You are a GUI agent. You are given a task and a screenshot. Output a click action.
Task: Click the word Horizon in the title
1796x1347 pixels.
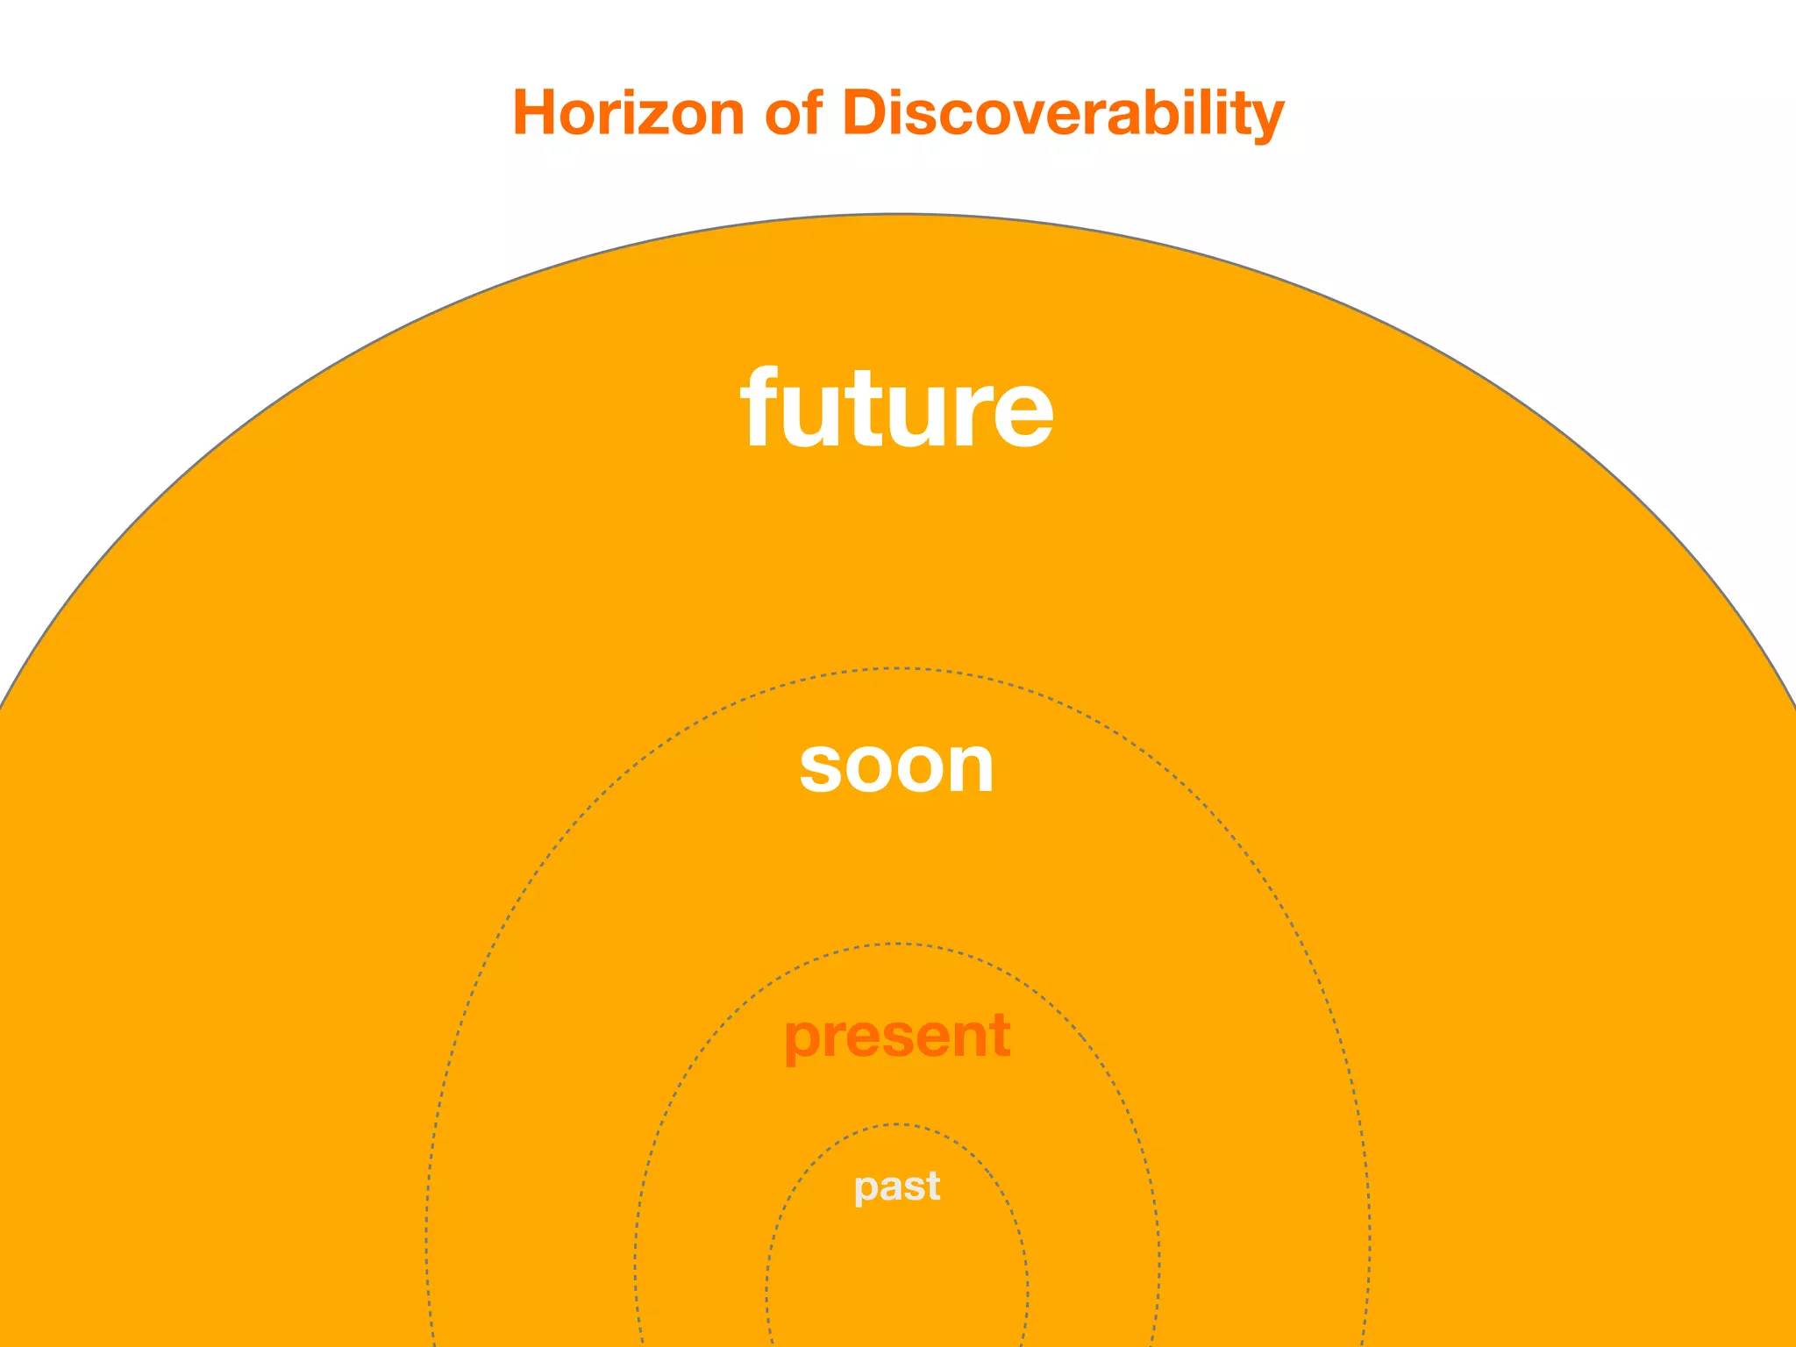click(x=628, y=113)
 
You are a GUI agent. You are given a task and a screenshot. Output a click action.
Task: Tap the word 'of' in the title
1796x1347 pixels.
click(x=793, y=113)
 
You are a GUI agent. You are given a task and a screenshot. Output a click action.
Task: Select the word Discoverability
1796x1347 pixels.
click(x=1063, y=113)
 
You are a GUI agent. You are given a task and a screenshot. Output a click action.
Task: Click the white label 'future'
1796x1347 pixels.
click(x=897, y=408)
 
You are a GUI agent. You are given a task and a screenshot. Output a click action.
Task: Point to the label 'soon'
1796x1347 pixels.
click(x=896, y=766)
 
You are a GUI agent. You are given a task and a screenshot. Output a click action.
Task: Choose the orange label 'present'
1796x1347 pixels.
click(x=897, y=1036)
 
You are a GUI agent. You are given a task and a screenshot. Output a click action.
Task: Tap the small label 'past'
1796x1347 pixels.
click(x=897, y=1187)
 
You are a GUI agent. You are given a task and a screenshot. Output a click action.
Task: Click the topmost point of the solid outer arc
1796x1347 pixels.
click(x=897, y=214)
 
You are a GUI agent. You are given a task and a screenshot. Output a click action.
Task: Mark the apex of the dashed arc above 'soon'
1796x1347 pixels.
click(x=897, y=669)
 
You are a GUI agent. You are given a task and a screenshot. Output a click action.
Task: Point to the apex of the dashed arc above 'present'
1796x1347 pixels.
click(x=897, y=944)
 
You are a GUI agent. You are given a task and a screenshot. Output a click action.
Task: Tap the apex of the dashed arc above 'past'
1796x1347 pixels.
click(x=897, y=1124)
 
